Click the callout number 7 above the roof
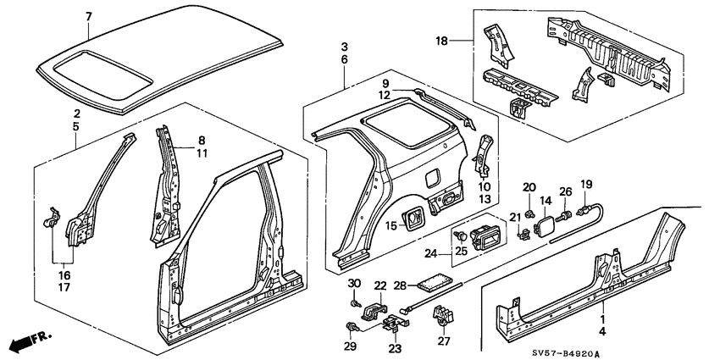click(x=90, y=16)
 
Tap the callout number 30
click(x=355, y=282)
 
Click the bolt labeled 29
click(x=352, y=327)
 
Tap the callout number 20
click(x=529, y=187)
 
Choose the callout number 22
click(x=380, y=285)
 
